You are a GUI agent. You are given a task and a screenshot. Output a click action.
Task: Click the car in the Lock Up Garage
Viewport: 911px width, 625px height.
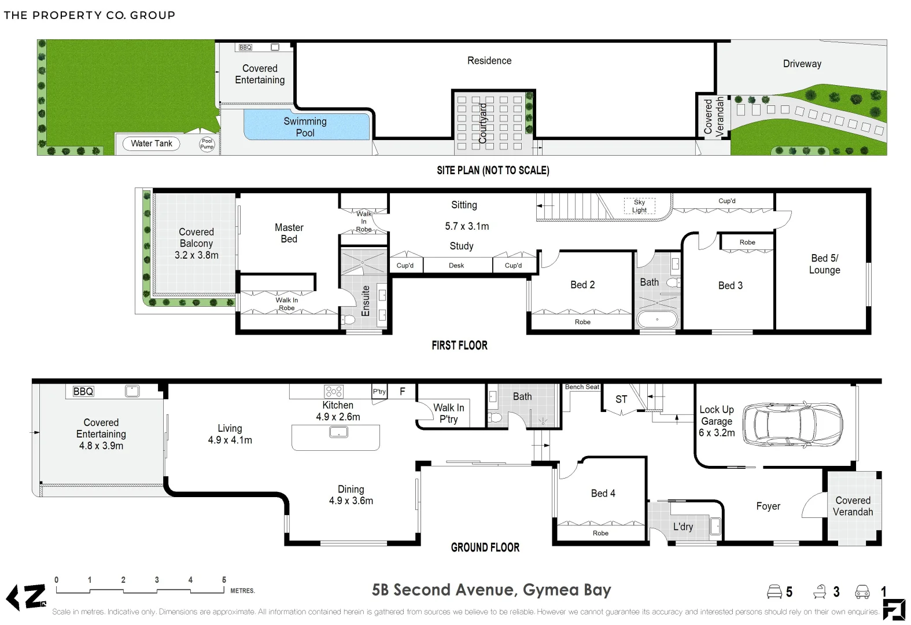point(792,425)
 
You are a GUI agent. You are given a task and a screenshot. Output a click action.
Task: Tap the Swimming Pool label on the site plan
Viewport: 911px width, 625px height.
point(305,127)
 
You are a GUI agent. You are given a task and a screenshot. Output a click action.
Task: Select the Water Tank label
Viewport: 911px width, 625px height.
point(152,144)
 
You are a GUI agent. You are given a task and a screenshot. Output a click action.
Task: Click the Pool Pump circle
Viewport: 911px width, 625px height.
point(207,144)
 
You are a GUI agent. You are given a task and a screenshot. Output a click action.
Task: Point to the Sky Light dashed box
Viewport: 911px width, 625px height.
point(639,206)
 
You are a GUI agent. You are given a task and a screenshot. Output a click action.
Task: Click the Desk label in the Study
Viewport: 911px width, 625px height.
point(456,266)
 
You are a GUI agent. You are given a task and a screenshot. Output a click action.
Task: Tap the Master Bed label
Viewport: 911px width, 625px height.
point(289,233)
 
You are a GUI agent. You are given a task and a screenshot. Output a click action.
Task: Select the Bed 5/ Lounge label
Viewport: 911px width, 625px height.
point(824,264)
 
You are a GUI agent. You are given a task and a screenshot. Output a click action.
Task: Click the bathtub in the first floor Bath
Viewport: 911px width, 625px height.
point(657,319)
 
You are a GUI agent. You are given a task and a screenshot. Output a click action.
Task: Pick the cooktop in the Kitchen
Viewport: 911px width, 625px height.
point(334,391)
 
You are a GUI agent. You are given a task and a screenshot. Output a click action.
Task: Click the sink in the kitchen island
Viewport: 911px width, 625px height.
point(338,432)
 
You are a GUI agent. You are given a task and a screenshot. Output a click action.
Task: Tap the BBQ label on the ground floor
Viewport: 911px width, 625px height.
point(83,391)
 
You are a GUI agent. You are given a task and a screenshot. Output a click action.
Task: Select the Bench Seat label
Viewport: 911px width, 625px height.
point(582,387)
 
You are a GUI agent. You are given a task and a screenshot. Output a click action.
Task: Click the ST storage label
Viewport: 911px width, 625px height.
point(621,399)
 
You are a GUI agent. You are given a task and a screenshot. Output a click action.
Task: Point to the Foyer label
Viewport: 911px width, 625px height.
point(768,506)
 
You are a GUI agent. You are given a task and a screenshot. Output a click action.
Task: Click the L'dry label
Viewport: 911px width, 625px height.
point(683,527)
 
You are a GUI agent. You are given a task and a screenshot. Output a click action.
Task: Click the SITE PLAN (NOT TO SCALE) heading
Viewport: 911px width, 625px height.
point(493,171)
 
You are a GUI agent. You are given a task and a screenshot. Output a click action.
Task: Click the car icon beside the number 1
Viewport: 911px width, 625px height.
point(862,592)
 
